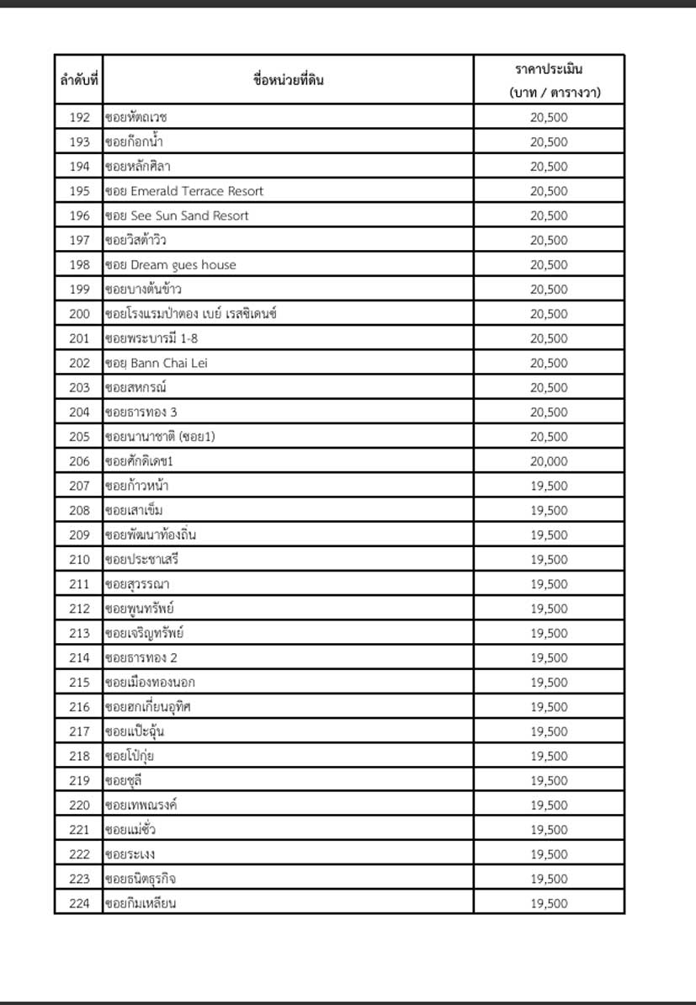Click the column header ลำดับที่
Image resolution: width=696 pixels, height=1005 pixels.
79,81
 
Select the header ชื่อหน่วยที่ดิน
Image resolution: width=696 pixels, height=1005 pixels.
288,81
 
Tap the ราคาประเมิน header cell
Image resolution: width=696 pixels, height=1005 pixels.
549,81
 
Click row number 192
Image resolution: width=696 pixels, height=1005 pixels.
79,117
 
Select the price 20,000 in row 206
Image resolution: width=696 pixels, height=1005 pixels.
549,461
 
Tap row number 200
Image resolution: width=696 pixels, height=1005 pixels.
79,314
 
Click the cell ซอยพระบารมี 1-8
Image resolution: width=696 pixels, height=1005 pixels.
151,338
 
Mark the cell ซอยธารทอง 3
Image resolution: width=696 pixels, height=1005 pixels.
141,412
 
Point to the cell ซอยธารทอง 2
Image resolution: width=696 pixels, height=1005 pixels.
141,657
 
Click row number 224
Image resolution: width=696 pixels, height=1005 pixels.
79,903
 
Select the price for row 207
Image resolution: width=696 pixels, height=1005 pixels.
549,486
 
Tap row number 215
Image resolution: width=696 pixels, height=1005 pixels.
79,682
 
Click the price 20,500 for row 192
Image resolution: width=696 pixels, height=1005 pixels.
549,117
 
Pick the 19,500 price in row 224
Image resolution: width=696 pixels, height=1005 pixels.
549,903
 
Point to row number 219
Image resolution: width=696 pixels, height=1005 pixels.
79,780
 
